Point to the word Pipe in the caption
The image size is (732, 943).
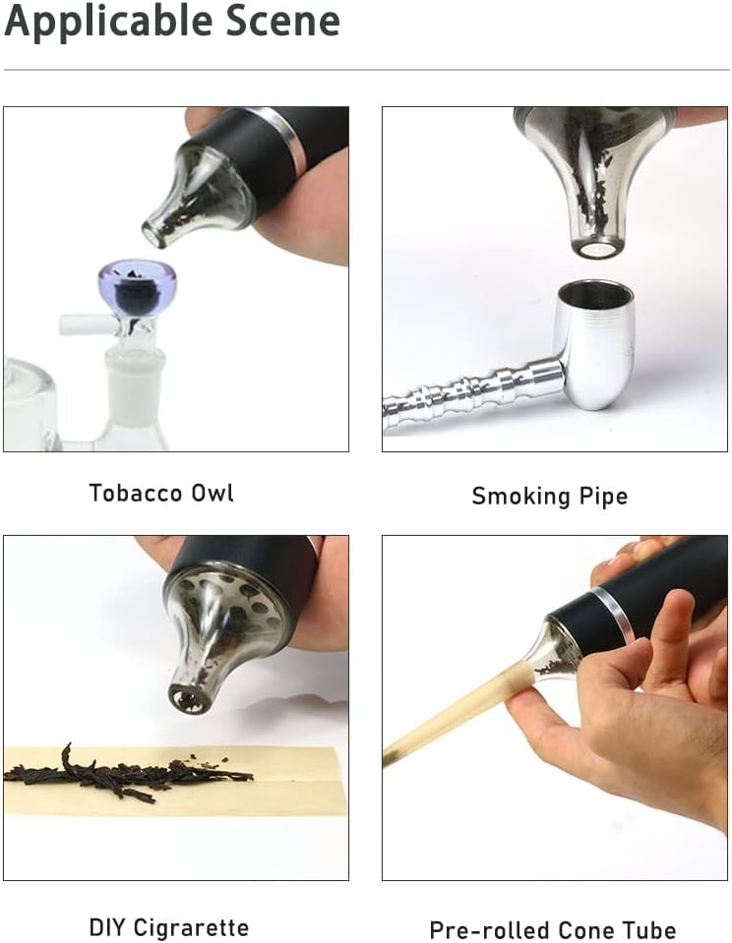(604, 497)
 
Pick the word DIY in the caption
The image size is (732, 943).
(106, 926)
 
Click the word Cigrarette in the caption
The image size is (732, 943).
(191, 927)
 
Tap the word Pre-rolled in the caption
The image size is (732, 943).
(488, 930)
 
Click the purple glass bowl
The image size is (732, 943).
(127, 290)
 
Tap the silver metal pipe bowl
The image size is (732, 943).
(594, 344)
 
